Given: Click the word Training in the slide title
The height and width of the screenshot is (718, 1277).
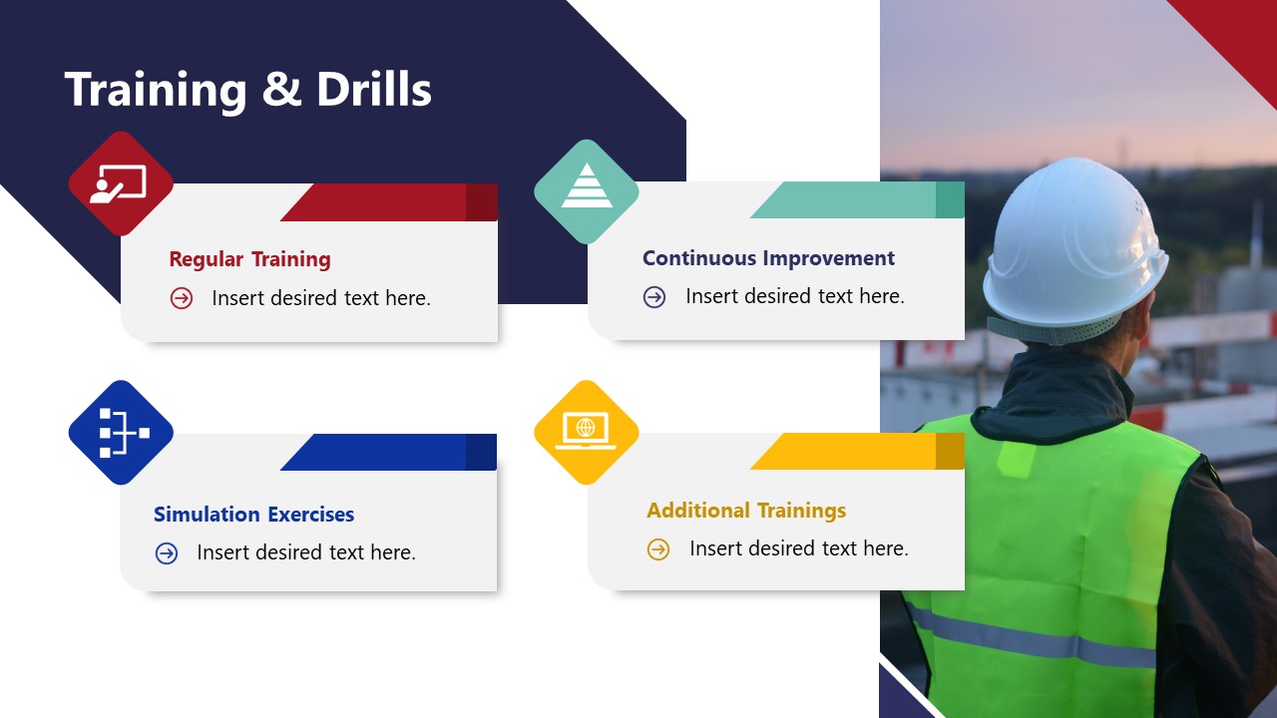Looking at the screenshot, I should [156, 90].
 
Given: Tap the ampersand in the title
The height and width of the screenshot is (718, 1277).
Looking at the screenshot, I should [282, 91].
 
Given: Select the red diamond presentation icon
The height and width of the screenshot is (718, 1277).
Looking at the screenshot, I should [121, 183].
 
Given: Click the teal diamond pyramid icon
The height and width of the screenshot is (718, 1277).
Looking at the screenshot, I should [587, 190].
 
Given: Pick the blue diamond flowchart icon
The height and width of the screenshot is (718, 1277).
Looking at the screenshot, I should [121, 433].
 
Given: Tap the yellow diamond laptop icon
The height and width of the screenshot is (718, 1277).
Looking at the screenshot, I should [587, 432].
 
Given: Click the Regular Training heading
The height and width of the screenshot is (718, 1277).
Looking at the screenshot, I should [249, 259].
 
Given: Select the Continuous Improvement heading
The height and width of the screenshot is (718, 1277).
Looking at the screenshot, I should [768, 258].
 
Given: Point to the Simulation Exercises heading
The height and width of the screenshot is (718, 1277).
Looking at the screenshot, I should [253, 515].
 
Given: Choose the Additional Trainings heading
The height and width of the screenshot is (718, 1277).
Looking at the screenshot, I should [746, 511].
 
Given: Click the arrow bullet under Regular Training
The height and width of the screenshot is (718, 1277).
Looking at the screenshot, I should [181, 298].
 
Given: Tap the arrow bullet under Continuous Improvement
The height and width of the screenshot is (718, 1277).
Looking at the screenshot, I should [654, 297].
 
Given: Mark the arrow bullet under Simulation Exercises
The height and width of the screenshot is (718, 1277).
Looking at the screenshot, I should [167, 553].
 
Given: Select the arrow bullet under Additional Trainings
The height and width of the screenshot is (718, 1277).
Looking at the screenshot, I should [658, 549].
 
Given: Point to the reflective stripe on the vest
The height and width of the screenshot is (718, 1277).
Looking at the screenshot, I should [1038, 638].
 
